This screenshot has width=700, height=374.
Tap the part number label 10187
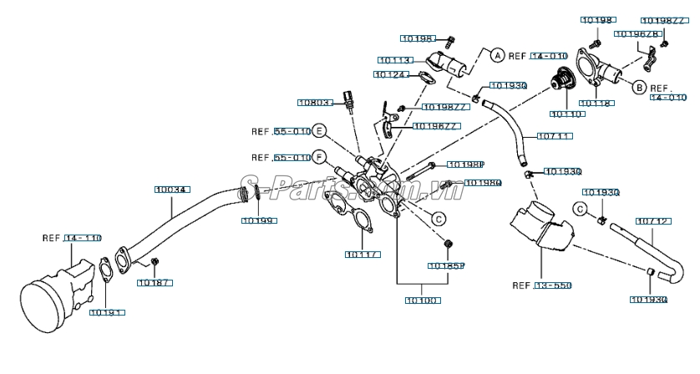click(x=155, y=283)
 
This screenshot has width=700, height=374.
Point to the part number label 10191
click(x=106, y=312)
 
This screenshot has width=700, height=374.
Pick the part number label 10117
click(x=363, y=255)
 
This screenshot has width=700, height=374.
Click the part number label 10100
click(x=423, y=300)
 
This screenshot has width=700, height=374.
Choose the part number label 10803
click(x=315, y=103)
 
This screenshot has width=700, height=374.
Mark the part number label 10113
click(x=394, y=60)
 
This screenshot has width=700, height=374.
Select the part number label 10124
click(x=391, y=75)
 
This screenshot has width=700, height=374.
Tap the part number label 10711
click(x=554, y=135)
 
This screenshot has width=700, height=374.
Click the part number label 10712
click(x=652, y=221)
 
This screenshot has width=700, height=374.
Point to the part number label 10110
click(x=567, y=113)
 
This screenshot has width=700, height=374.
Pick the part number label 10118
click(x=596, y=104)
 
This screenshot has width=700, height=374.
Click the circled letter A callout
click(x=496, y=56)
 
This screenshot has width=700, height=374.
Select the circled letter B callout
click(x=637, y=87)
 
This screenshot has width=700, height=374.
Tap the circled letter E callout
click(x=320, y=131)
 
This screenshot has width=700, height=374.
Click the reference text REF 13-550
click(x=541, y=286)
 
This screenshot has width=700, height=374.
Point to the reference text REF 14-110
click(x=71, y=238)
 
